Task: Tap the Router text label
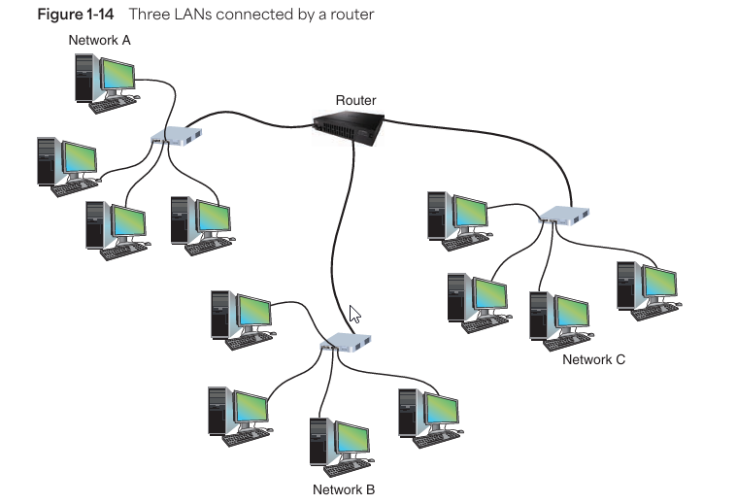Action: click(x=355, y=100)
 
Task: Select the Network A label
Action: click(x=100, y=41)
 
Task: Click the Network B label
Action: click(x=344, y=489)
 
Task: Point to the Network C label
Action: click(x=594, y=359)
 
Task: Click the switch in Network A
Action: click(x=176, y=137)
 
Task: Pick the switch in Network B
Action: click(x=346, y=343)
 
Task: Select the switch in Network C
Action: click(x=565, y=216)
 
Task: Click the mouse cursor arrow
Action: click(x=354, y=314)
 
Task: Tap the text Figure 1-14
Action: click(x=68, y=15)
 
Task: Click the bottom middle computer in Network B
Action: click(x=340, y=445)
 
